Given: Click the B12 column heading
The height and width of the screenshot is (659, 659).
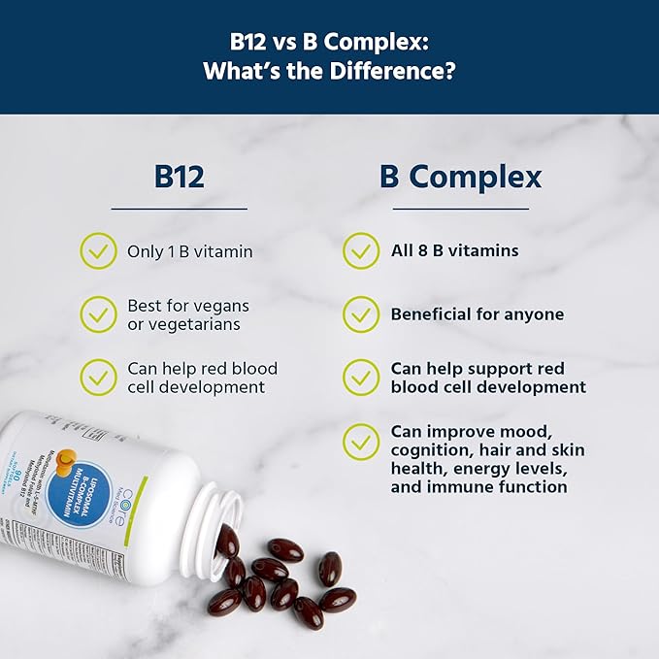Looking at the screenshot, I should (179, 177).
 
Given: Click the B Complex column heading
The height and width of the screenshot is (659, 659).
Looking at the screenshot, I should (460, 177).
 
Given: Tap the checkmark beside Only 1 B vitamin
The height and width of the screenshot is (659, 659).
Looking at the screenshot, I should (98, 250).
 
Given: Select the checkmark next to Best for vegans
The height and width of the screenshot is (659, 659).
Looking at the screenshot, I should (98, 313).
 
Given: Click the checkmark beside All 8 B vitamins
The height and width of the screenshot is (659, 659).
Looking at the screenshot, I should (361, 250).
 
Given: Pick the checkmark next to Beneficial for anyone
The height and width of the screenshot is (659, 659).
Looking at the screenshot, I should (361, 314).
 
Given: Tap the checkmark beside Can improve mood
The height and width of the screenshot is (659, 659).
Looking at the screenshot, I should (361, 443).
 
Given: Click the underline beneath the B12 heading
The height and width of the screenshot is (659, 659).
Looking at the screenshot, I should (179, 208).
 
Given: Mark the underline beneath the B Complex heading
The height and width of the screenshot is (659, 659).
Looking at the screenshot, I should (460, 208).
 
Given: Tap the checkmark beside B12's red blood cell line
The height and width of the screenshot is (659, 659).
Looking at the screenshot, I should (98, 378).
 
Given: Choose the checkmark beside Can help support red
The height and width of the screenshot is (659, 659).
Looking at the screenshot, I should (361, 378).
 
